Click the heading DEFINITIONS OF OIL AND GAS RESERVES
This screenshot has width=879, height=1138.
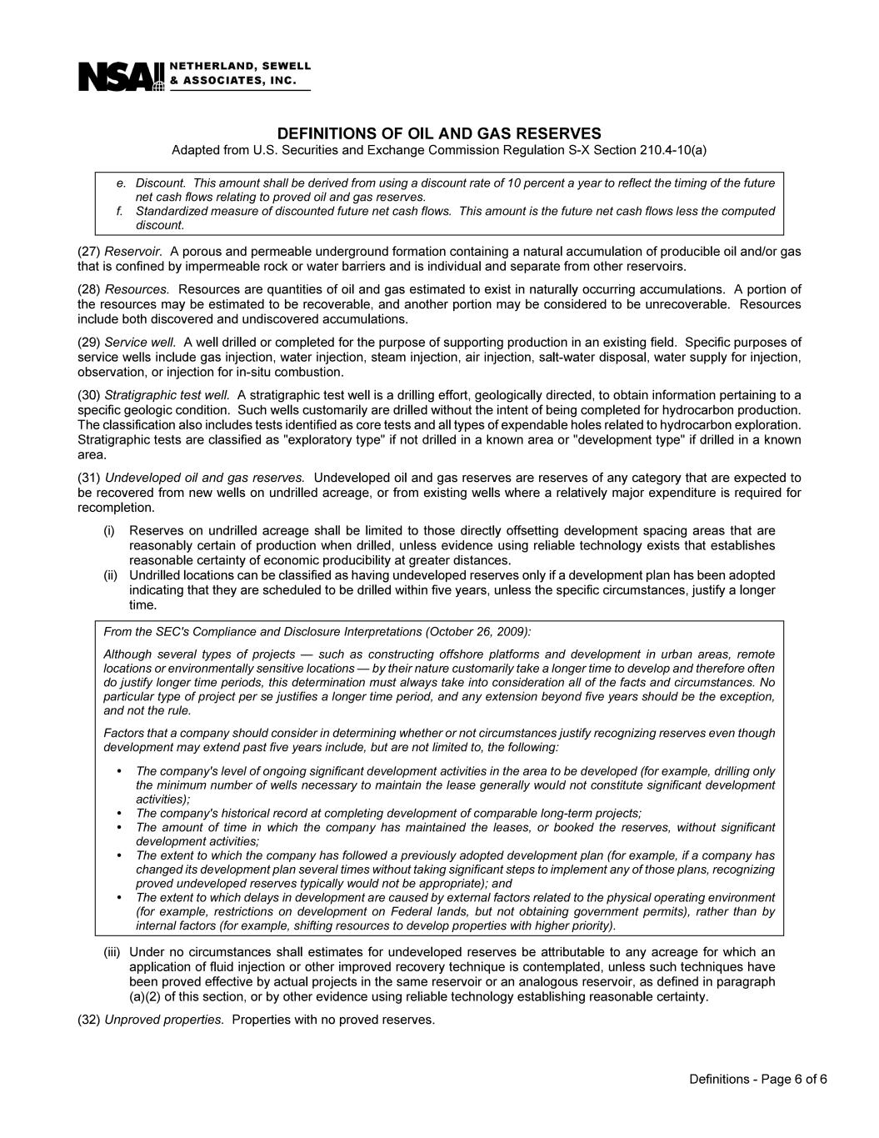(x=438, y=134)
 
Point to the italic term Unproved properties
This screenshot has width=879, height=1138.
(x=164, y=1020)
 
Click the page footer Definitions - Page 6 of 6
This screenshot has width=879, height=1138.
(x=757, y=1080)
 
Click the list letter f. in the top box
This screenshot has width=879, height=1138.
(x=121, y=211)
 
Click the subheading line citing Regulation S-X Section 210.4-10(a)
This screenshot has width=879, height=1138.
(x=438, y=151)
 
